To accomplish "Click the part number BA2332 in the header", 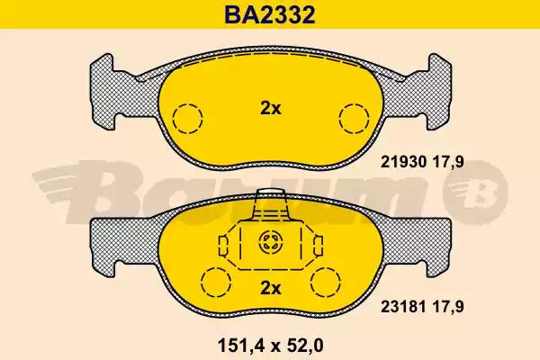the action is [270, 14].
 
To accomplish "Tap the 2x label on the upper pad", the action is [270, 109].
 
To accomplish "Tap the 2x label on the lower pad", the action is [270, 288].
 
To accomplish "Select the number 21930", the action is [403, 162].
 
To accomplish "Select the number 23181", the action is [403, 306].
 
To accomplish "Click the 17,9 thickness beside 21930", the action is [448, 162].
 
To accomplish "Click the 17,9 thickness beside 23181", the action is [448, 306].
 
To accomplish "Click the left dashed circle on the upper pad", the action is [188, 119].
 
